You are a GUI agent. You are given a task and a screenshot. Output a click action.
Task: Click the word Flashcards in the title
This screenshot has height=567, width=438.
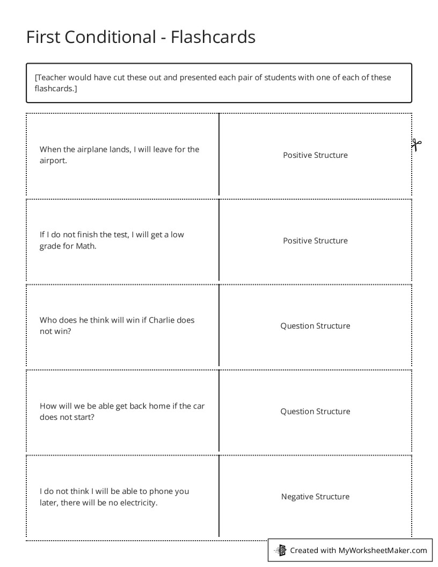(213, 37)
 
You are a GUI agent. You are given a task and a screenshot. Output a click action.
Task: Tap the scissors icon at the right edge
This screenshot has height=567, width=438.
(417, 144)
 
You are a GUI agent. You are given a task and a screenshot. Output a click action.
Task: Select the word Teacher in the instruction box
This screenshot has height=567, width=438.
(52, 77)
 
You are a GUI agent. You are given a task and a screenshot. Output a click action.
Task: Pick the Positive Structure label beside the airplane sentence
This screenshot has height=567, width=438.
(315, 155)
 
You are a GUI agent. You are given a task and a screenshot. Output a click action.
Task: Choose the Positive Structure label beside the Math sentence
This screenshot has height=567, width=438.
(315, 241)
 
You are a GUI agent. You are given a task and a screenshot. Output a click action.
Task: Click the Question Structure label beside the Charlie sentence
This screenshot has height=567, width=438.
(315, 326)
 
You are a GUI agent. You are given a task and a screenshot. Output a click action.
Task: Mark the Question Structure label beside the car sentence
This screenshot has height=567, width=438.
(315, 411)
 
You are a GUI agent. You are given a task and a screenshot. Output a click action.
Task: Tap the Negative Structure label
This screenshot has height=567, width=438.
(315, 497)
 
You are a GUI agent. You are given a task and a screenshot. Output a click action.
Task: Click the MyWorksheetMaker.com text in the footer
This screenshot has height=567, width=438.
(383, 550)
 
